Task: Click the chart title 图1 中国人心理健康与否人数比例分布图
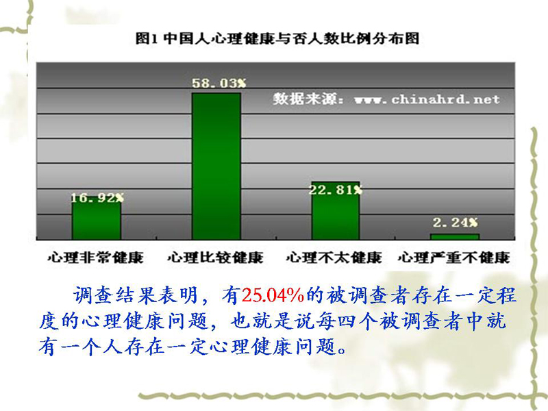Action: (x=277, y=38)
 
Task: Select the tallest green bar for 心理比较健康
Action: (x=216, y=166)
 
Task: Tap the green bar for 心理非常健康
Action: (x=97, y=219)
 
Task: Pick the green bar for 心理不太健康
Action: (x=336, y=211)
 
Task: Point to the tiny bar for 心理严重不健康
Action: (x=455, y=237)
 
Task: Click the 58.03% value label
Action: (x=219, y=83)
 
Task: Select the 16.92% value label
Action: (x=97, y=198)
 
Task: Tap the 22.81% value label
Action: (x=336, y=190)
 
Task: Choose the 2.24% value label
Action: (x=455, y=222)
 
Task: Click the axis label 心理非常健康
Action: (x=96, y=258)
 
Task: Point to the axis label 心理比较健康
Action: (x=215, y=258)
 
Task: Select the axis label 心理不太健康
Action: (x=334, y=258)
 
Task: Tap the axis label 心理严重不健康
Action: (x=453, y=258)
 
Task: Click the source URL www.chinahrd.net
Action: (x=427, y=99)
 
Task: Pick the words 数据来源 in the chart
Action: (x=305, y=99)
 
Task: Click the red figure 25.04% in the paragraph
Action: (x=273, y=296)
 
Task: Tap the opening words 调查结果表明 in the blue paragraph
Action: (x=136, y=296)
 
